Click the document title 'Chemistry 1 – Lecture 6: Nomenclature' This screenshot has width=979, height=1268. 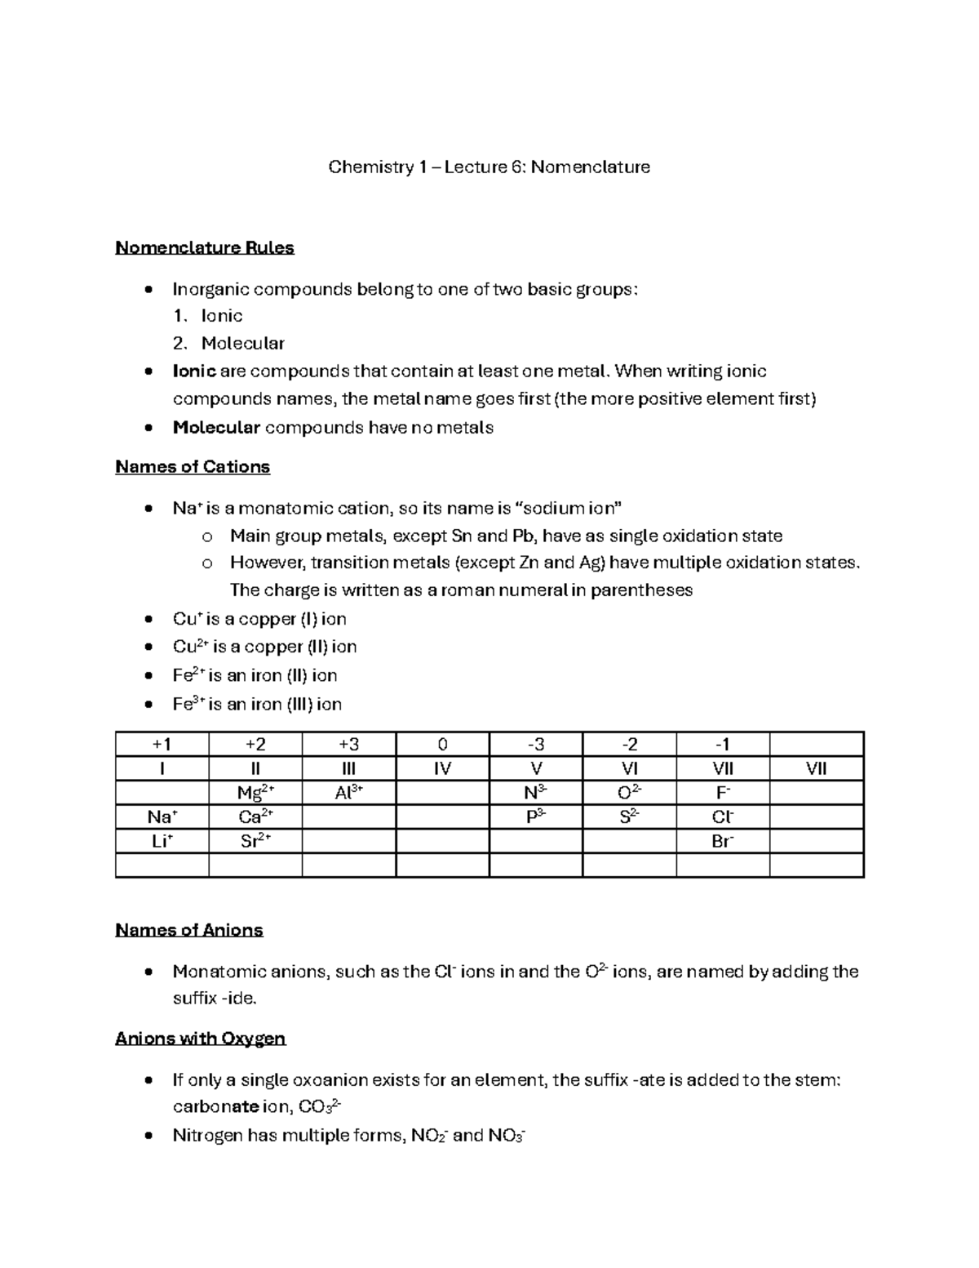(489, 167)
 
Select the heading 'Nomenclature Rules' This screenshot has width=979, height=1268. (205, 248)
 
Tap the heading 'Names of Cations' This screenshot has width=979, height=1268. (193, 467)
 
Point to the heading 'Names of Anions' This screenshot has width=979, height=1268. (189, 930)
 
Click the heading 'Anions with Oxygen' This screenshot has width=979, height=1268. (201, 1039)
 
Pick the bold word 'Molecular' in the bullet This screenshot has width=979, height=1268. (216, 428)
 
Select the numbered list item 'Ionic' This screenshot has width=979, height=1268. (222, 316)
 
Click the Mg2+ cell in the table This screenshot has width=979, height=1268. (255, 793)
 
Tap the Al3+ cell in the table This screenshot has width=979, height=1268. (348, 793)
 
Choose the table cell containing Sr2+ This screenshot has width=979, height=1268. (255, 841)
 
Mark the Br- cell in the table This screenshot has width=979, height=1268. (723, 841)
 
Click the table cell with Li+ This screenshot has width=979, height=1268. (162, 841)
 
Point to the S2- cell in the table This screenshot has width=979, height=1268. (630, 816)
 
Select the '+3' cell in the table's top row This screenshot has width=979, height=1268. (348, 745)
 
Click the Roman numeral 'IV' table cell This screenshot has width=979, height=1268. (442, 768)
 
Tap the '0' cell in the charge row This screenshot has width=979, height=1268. (442, 745)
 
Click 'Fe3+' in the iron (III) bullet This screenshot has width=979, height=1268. (188, 704)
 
